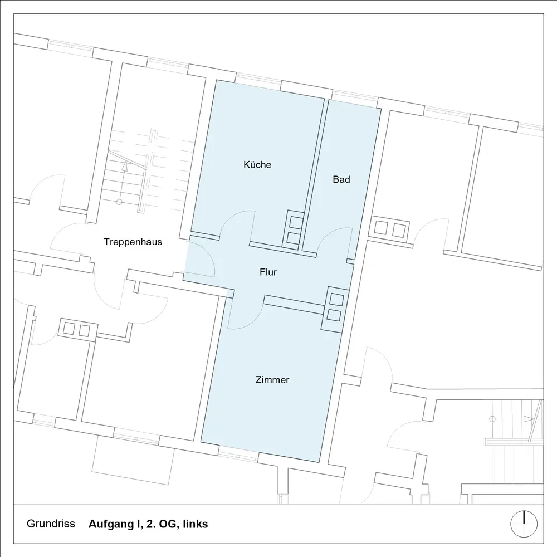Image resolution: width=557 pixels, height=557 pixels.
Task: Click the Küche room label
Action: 257,165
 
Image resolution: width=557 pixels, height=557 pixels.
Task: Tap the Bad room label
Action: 341,179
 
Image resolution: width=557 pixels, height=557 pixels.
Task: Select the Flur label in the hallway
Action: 268,272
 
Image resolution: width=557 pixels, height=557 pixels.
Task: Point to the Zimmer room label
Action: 272,380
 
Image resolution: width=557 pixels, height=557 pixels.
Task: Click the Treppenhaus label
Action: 133,242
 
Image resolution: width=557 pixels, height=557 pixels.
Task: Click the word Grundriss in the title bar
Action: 50,524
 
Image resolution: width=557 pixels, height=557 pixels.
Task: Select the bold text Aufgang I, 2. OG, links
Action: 148,524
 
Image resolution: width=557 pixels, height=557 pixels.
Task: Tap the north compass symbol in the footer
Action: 524,524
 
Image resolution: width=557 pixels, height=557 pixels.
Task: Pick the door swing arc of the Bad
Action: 331,237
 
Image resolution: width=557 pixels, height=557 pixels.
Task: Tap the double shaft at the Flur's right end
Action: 335,306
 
